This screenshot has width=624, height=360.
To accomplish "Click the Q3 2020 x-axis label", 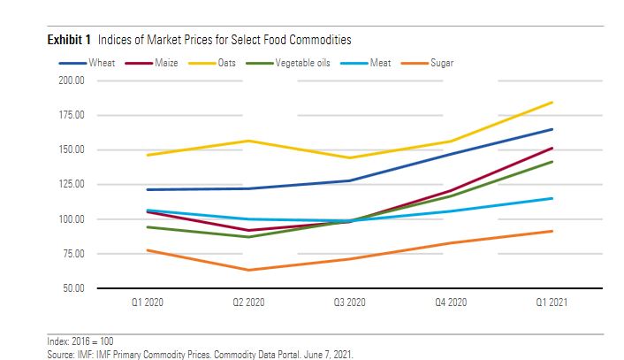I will click(x=349, y=303).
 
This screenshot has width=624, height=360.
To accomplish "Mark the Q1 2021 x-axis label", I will click(x=552, y=303).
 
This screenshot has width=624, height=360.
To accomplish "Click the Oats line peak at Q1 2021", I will click(x=552, y=103).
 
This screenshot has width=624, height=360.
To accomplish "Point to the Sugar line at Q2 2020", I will click(x=248, y=270).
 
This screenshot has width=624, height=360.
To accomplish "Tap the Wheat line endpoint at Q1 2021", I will click(x=552, y=129).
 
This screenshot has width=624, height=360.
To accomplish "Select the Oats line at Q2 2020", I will click(x=248, y=141).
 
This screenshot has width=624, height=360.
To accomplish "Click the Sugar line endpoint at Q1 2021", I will click(x=552, y=231).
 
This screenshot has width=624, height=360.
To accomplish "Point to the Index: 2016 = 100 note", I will click(x=80, y=341).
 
